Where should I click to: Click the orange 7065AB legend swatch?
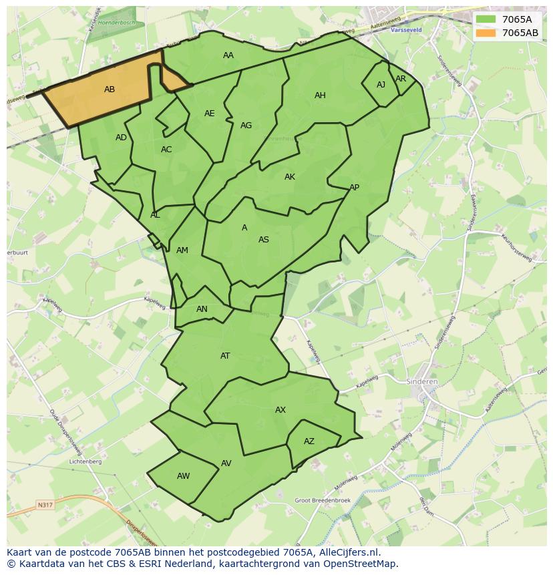click(486, 33)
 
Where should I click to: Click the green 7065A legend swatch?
click(486, 19)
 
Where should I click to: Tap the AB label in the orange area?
click(110, 89)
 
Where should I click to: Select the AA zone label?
click(228, 55)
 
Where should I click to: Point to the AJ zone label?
click(381, 85)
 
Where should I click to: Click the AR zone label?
click(401, 79)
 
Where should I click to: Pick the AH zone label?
click(320, 95)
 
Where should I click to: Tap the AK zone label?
click(290, 177)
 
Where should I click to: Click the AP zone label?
click(354, 188)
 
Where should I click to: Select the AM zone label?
click(182, 250)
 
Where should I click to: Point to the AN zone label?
click(202, 309)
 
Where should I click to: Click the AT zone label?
click(225, 356)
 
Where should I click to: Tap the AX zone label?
click(281, 410)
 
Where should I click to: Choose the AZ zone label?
click(309, 441)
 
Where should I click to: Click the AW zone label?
click(183, 476)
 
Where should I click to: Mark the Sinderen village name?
click(421, 382)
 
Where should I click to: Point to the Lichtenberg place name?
click(85, 461)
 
